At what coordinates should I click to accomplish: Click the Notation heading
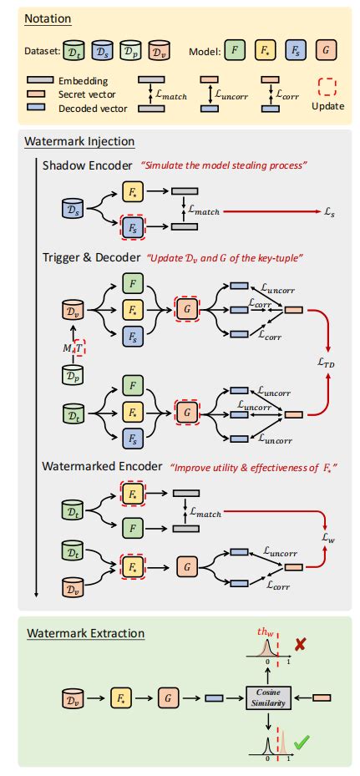click(x=48, y=19)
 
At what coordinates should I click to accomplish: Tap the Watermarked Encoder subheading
click(x=101, y=465)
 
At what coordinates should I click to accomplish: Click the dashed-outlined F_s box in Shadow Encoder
click(x=133, y=226)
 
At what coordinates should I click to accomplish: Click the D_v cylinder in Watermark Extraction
click(x=74, y=696)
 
